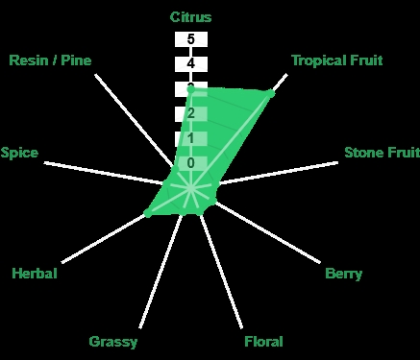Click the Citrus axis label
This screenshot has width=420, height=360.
(190, 17)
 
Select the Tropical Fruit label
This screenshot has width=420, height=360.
(337, 60)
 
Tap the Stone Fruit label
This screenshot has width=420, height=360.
(382, 153)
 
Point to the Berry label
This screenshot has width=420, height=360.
(343, 274)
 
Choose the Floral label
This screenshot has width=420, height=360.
(263, 342)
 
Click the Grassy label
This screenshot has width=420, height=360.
(113, 342)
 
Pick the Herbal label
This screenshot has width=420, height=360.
(35, 274)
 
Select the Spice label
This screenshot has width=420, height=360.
(19, 153)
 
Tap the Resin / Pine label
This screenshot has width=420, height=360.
(50, 60)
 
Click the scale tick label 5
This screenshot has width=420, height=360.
(191, 39)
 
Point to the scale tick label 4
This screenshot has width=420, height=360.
(191, 63)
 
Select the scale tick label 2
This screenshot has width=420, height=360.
(191, 113)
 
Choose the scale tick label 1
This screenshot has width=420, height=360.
(191, 138)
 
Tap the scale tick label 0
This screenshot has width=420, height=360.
(191, 163)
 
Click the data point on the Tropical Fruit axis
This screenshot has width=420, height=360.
(271, 93)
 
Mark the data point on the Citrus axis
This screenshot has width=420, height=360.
(191, 89)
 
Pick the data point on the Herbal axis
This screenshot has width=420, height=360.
(148, 213)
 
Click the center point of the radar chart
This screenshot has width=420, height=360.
(191, 188)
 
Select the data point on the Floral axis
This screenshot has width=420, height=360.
(199, 211)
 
